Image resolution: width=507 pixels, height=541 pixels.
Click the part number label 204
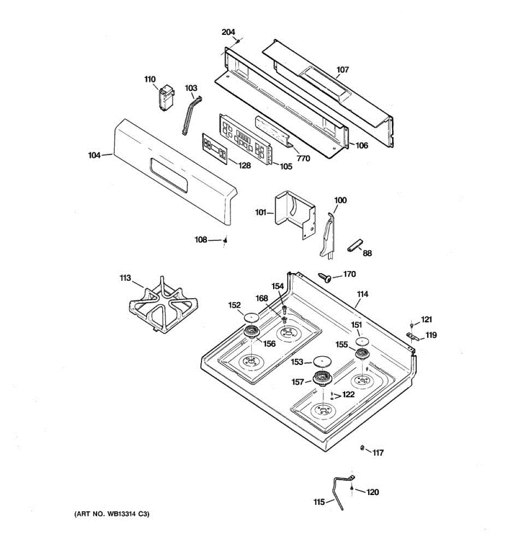tap(228, 32)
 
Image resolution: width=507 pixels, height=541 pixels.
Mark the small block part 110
tap(164, 96)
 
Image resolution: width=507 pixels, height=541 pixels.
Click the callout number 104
tap(94, 156)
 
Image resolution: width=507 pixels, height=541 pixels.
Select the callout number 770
tap(304, 158)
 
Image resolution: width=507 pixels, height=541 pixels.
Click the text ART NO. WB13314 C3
tap(111, 513)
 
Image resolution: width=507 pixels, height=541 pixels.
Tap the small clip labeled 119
tap(412, 336)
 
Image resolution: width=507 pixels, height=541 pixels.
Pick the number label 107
tap(343, 70)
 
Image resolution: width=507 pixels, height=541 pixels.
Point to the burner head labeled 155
tap(361, 354)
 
